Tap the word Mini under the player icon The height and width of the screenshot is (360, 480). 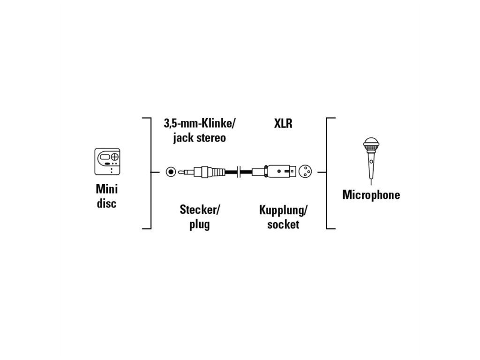click(107, 189)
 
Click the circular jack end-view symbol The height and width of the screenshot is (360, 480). click(171, 172)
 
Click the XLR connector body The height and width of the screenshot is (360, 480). click(273, 172)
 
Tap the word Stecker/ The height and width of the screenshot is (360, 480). click(200, 210)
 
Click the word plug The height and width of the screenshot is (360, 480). click(199, 224)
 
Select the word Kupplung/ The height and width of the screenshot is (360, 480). click(283, 210)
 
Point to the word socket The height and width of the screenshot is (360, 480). click(283, 224)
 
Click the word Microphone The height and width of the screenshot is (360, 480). click(371, 195)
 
